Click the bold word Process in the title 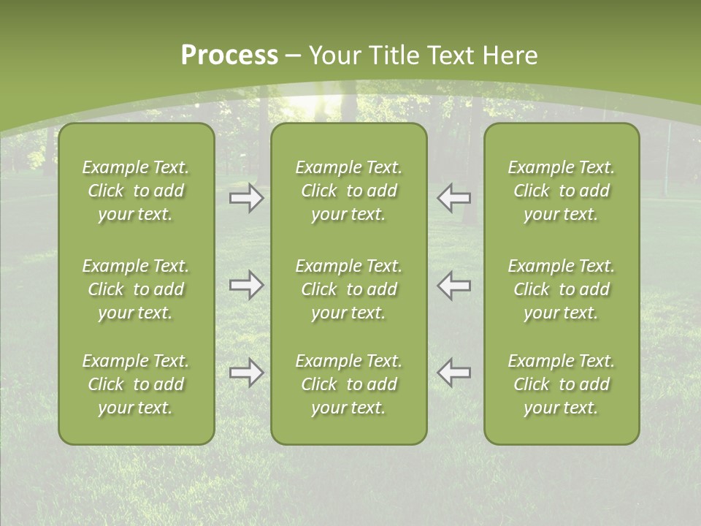(x=229, y=56)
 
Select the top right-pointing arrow (x=247, y=197)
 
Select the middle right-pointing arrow (x=247, y=285)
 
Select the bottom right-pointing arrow (x=247, y=373)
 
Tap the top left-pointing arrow (x=454, y=197)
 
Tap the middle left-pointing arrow (x=454, y=285)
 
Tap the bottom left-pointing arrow (x=454, y=373)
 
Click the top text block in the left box (x=136, y=191)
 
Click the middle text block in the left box (x=136, y=289)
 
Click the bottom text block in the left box (x=136, y=384)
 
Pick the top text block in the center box (x=348, y=191)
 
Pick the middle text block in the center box (x=348, y=289)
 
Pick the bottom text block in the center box (x=348, y=384)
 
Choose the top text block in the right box (x=562, y=191)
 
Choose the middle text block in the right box (x=562, y=289)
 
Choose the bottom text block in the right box (x=562, y=384)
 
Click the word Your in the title (x=334, y=56)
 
